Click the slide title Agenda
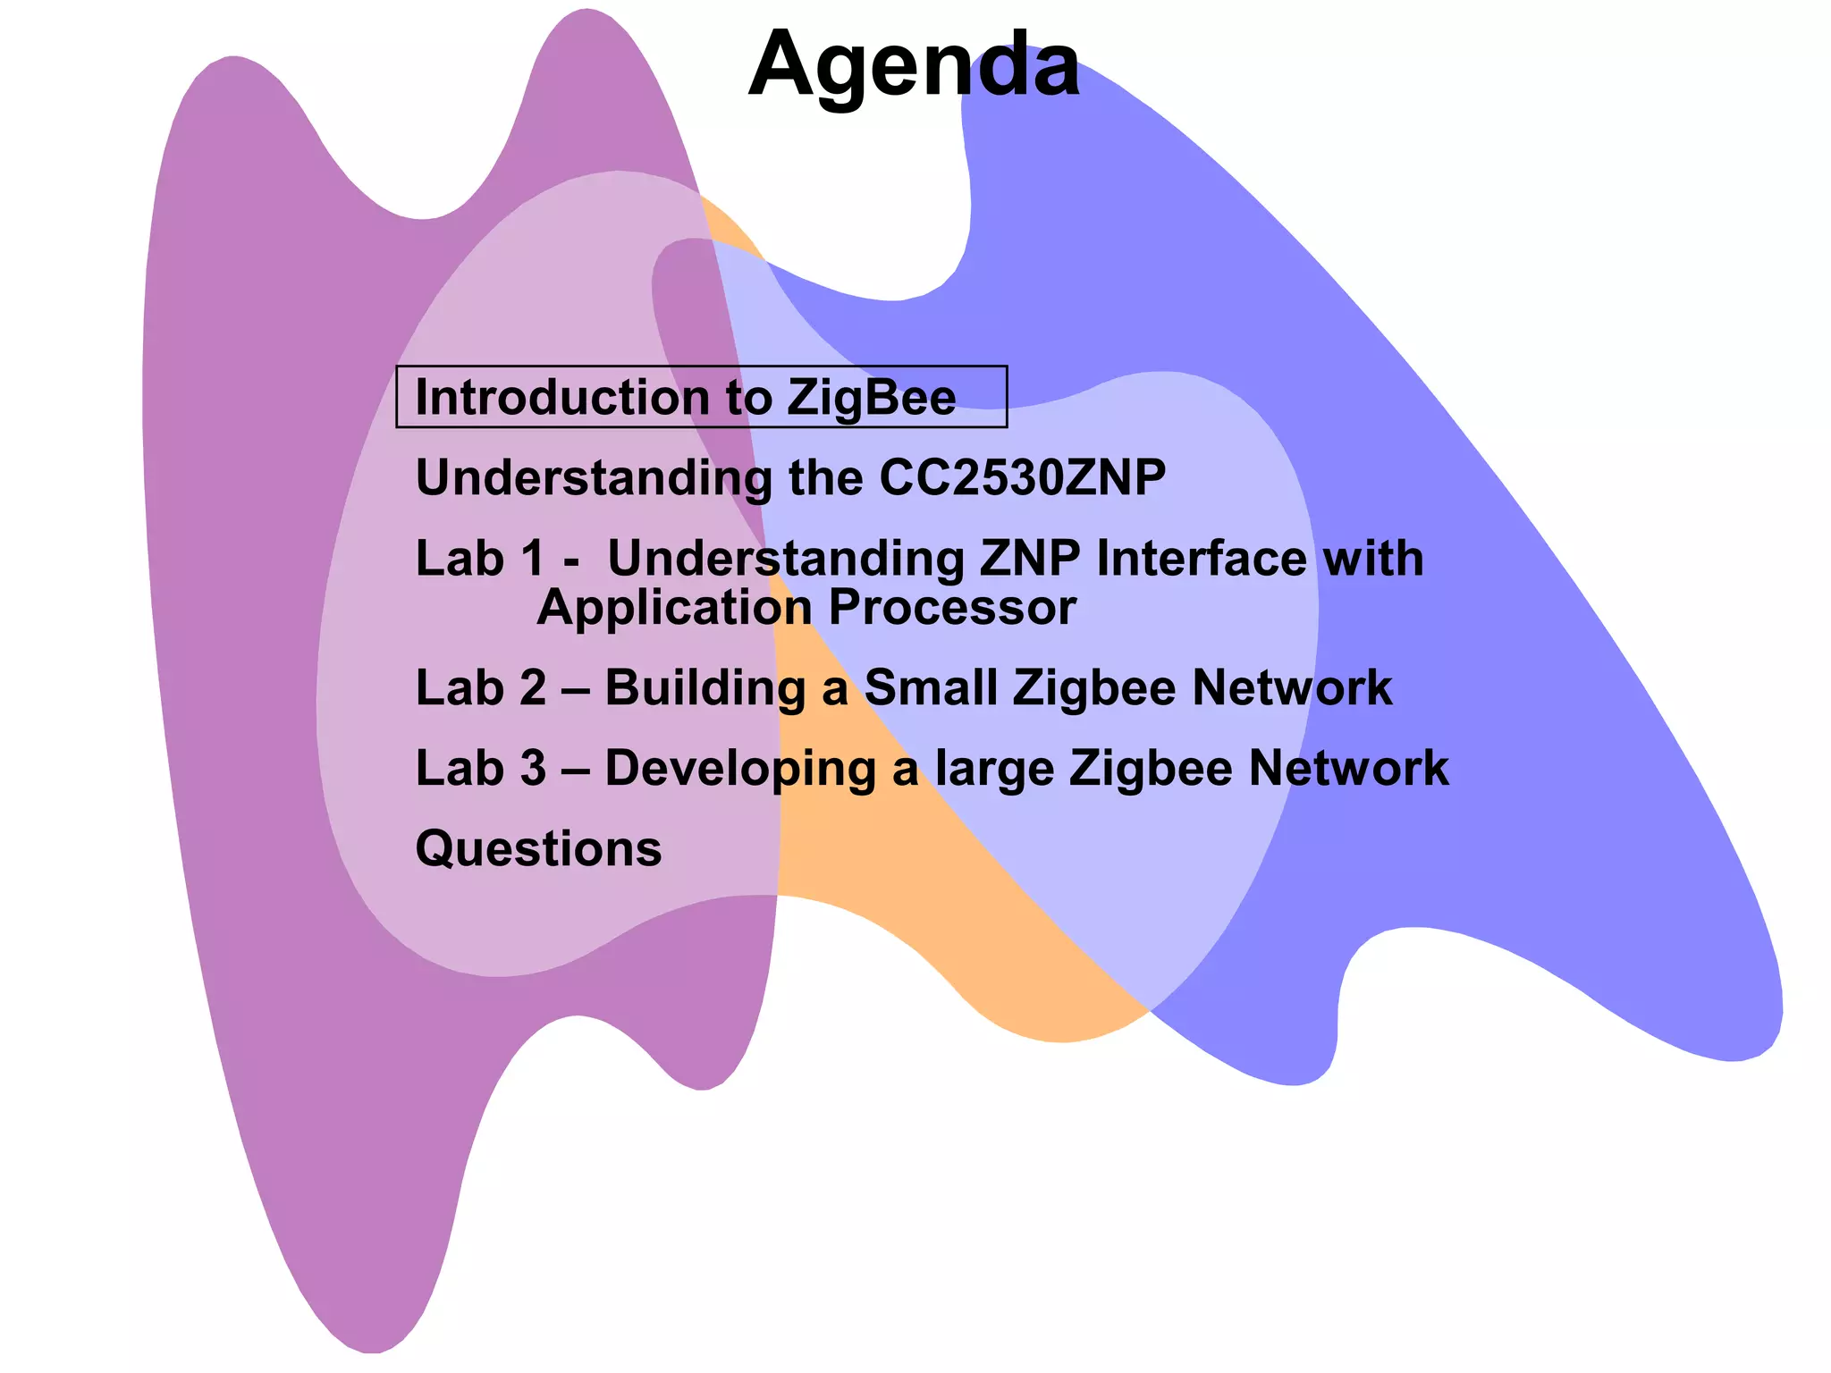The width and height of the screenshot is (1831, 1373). (914, 64)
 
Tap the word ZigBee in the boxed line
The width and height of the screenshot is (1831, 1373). (871, 398)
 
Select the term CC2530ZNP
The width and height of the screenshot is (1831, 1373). (1023, 477)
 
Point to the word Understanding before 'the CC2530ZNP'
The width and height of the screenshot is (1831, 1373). (595, 478)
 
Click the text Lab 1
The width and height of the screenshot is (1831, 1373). (480, 559)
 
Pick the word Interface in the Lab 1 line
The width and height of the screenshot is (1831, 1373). (1201, 559)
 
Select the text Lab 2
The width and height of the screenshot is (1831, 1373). (481, 688)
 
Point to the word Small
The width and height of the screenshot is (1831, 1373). (931, 688)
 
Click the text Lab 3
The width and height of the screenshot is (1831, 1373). (481, 768)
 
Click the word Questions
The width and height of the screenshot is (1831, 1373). (539, 849)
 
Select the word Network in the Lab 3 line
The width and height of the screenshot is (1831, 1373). (1348, 768)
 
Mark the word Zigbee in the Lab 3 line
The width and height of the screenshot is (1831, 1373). (1151, 770)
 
